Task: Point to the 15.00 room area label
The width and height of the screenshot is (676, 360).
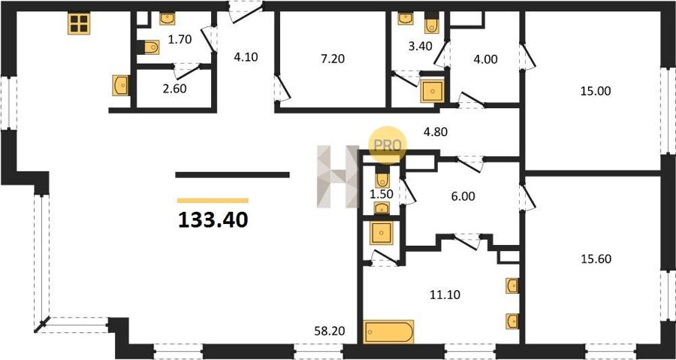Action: click(x=596, y=92)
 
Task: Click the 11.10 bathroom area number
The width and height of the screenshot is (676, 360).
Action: click(x=445, y=295)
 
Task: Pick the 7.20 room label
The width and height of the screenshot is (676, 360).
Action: click(x=333, y=59)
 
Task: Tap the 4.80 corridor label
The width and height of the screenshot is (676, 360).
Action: click(x=435, y=132)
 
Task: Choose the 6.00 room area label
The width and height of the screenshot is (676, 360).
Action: click(x=463, y=197)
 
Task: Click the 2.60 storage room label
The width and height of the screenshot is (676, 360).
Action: click(x=175, y=89)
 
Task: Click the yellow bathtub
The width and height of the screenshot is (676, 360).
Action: click(x=388, y=331)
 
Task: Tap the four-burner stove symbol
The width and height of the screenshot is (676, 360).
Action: click(x=79, y=23)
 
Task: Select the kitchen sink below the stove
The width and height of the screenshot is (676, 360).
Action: click(x=120, y=86)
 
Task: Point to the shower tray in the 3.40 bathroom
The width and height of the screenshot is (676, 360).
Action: click(x=432, y=92)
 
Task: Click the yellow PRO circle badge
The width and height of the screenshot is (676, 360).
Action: click(x=387, y=145)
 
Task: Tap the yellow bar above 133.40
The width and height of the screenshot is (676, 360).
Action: click(x=213, y=201)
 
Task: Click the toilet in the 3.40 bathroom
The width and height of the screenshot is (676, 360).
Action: click(x=432, y=23)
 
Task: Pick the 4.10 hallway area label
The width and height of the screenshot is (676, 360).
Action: click(x=246, y=57)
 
